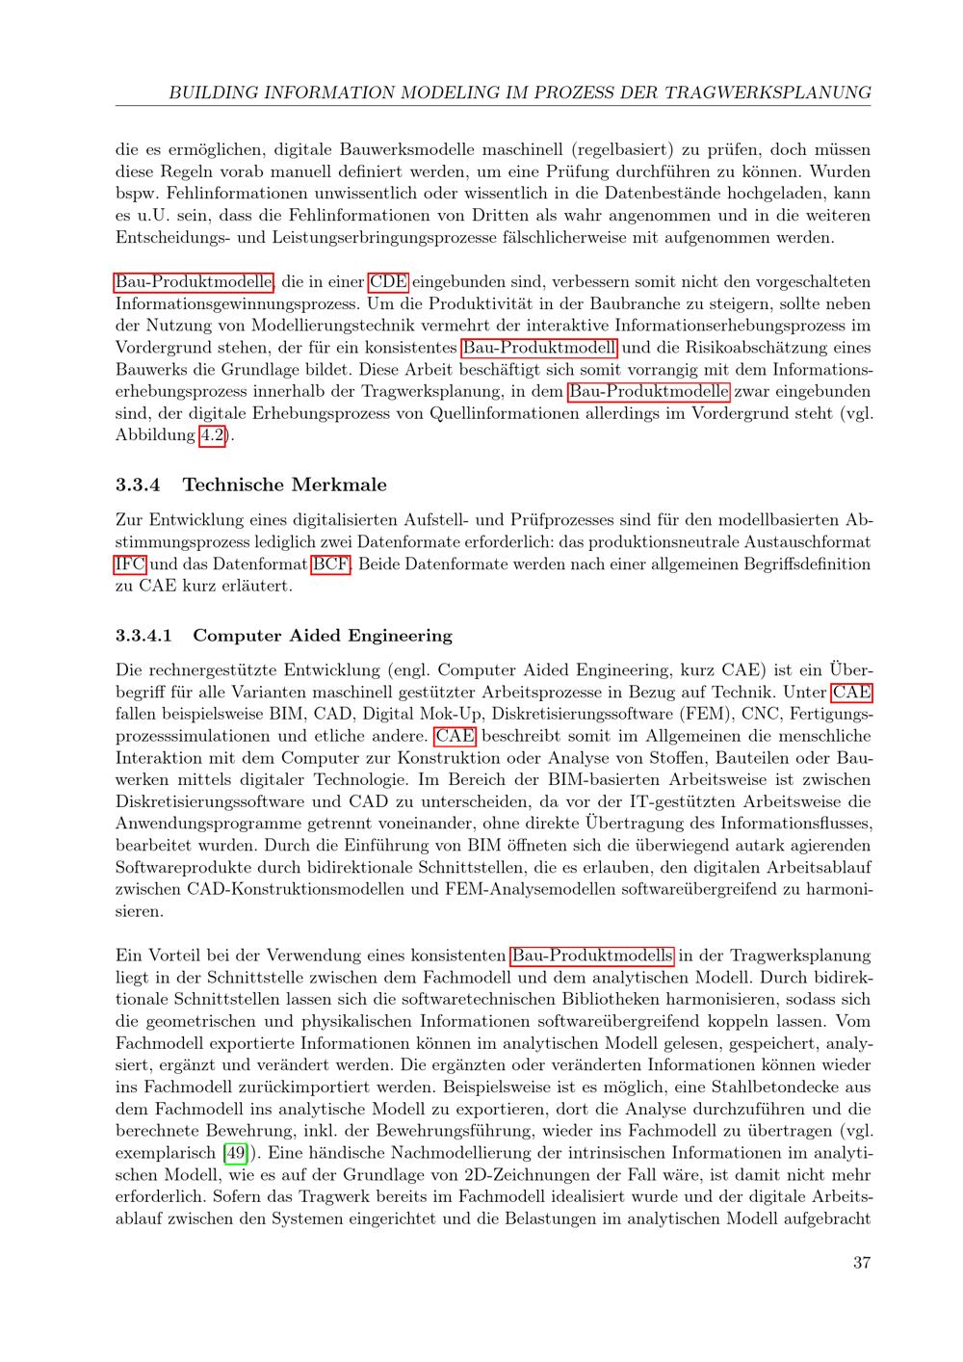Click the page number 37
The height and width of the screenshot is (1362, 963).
coord(861,1262)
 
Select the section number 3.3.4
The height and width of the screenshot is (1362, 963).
coord(137,484)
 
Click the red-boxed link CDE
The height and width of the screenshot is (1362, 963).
coord(388,282)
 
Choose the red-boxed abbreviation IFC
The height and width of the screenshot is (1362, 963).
coord(131,564)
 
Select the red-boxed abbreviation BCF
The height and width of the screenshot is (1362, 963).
coord(331,564)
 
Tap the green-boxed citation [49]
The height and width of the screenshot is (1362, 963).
coord(234,1153)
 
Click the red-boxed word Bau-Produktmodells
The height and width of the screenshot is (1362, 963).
coord(592,956)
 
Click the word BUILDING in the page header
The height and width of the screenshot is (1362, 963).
coord(214,93)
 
